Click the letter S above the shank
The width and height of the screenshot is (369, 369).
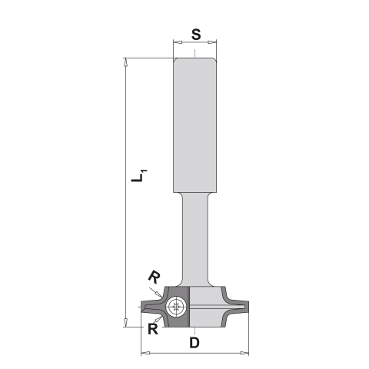(196, 35)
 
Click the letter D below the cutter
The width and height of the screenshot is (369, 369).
(196, 341)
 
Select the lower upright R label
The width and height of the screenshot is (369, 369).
(153, 327)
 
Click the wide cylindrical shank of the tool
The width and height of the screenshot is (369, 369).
(196, 123)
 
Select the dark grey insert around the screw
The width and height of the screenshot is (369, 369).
(167, 305)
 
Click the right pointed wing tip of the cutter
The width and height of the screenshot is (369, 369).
(248, 306)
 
